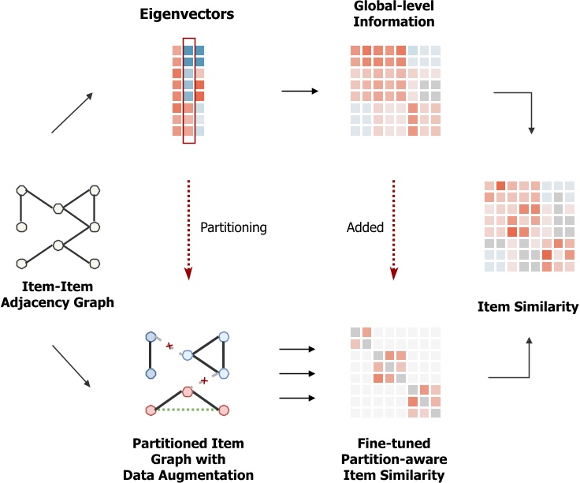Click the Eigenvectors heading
[x=188, y=14]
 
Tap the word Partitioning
[x=233, y=227]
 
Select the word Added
[x=365, y=227]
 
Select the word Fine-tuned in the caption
[x=392, y=444]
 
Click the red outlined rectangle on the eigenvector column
[x=188, y=90]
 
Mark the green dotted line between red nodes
[x=188, y=410]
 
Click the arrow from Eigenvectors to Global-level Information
[x=299, y=92]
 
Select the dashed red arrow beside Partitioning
[x=188, y=229]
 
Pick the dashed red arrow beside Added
[x=392, y=229]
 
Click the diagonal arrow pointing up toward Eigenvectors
[x=72, y=112]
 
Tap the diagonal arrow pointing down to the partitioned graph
[x=72, y=365]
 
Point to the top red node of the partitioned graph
[x=188, y=391]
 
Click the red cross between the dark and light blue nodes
[x=167, y=346]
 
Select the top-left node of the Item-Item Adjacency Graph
[x=21, y=190]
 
